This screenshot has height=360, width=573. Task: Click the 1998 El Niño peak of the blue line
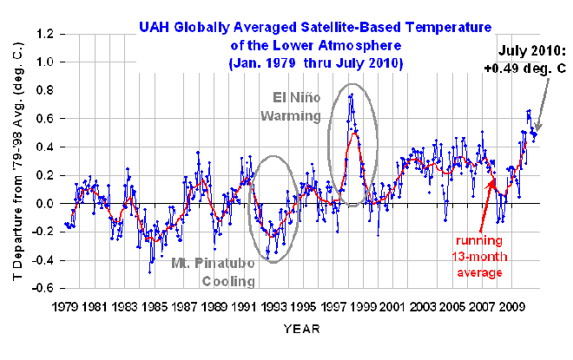tap(351, 95)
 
